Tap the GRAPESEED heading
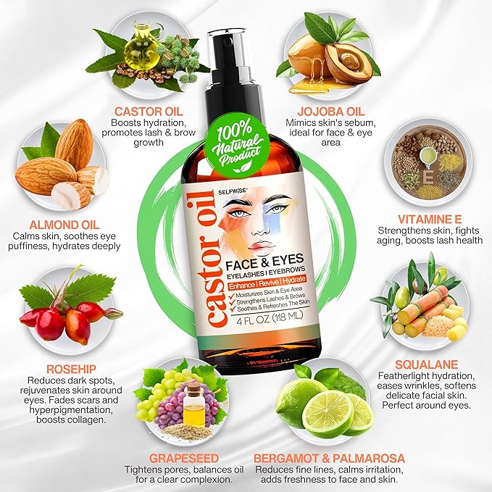(x=183, y=457)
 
